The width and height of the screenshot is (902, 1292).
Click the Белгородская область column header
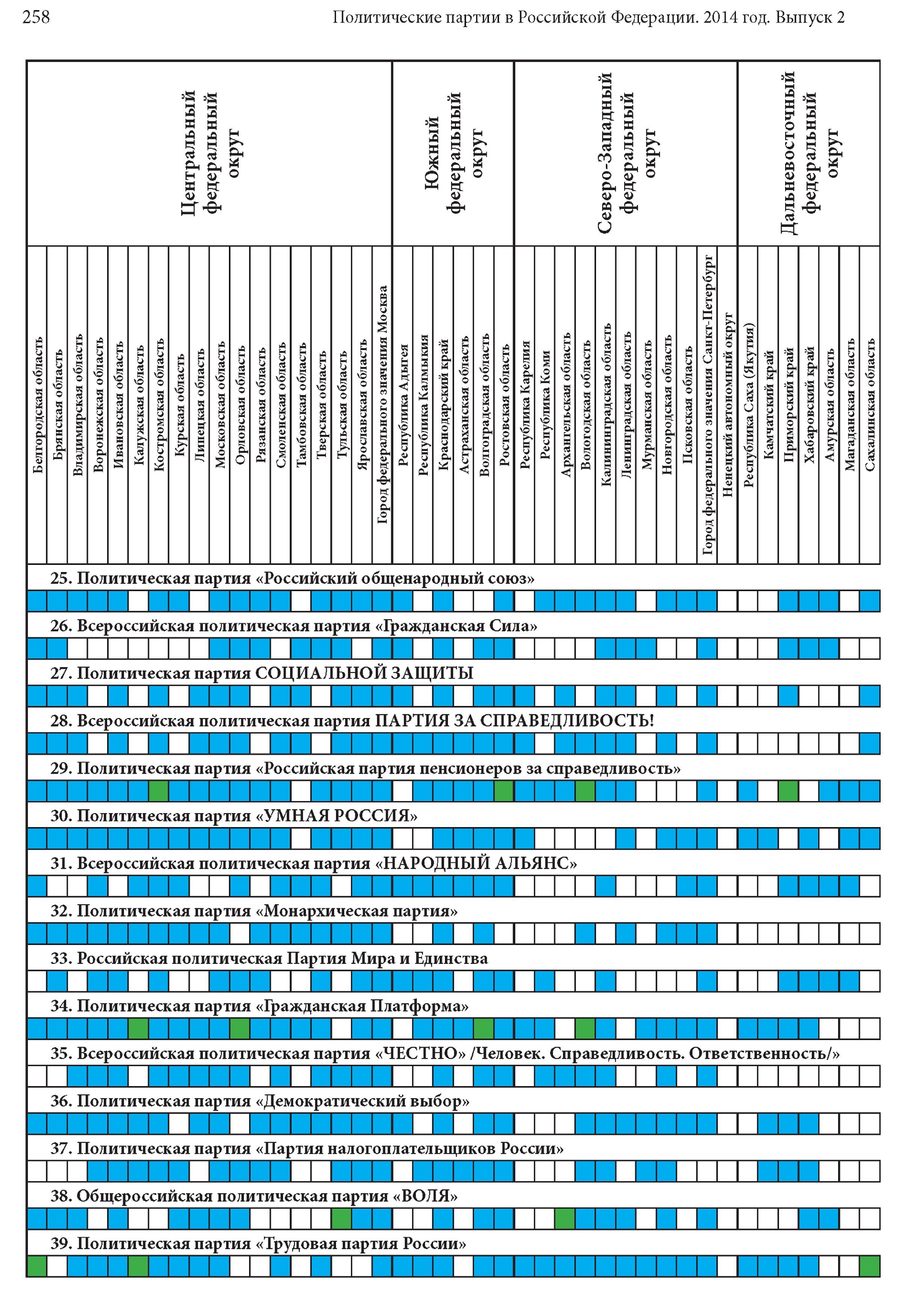(x=37, y=405)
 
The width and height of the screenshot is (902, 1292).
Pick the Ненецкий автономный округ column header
(x=728, y=405)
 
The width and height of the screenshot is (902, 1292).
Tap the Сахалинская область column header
(x=870, y=405)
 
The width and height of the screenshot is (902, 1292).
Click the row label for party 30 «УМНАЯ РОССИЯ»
(x=234, y=816)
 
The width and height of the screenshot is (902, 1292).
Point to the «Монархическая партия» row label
(x=253, y=911)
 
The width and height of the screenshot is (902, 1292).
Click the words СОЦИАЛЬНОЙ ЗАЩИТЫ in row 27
(x=364, y=673)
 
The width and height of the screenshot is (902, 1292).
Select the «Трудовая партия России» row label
(x=258, y=1244)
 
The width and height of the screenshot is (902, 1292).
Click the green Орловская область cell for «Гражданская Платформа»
(x=240, y=1029)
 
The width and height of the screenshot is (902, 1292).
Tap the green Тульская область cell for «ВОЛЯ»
(x=341, y=1219)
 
